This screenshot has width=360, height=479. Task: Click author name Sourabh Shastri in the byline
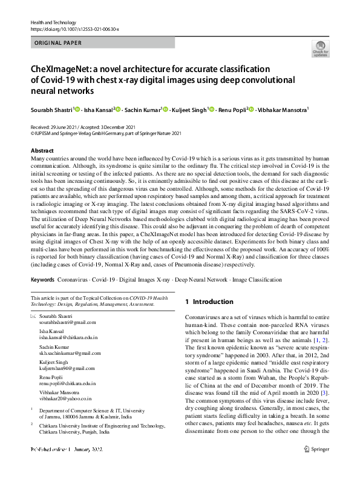click(51, 110)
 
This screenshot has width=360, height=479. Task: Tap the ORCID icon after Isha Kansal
click(119, 109)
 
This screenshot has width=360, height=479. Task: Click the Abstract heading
click(42, 150)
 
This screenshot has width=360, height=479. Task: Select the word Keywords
click(42, 280)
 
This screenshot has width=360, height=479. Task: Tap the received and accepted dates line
click(85, 127)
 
